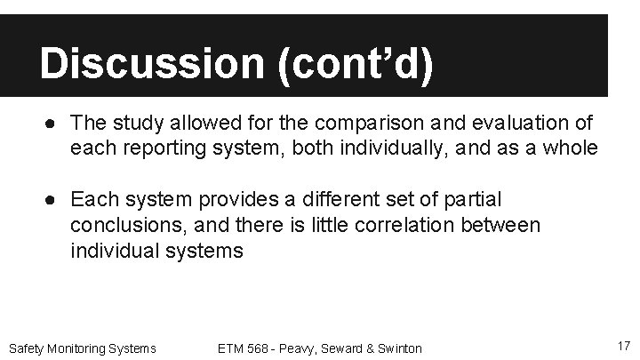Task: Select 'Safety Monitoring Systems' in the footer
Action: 82,348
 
